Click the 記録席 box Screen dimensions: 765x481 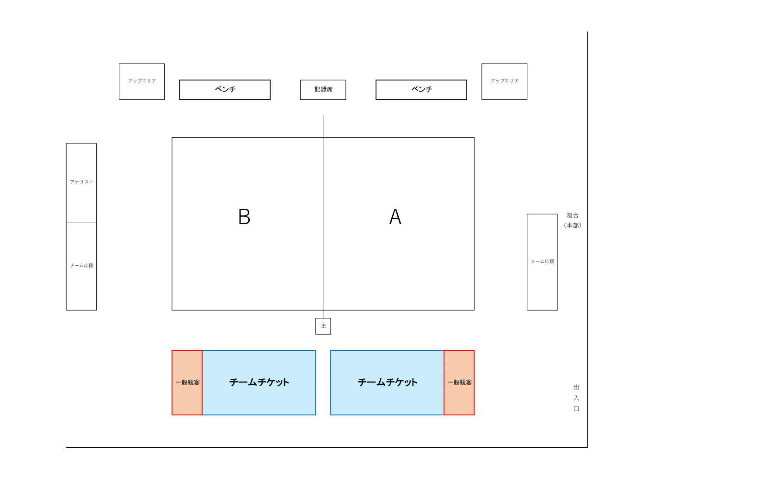click(323, 90)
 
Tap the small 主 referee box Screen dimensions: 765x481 click(323, 326)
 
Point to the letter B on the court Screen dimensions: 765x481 click(244, 217)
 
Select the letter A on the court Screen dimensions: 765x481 click(395, 217)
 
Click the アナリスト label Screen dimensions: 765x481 click(81, 182)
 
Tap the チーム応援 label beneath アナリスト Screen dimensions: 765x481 click(81, 265)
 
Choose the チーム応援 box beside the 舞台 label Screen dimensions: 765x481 click(542, 262)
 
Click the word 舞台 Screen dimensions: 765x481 click(573, 216)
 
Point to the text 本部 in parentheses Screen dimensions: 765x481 click(573, 225)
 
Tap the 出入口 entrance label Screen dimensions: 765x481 click(576, 398)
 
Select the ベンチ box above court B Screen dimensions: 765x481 click(225, 90)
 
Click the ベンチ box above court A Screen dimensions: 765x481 click(421, 90)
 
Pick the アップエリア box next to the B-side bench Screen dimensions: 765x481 click(142, 81)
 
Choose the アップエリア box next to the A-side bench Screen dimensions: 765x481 click(504, 81)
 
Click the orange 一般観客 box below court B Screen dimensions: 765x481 click(187, 383)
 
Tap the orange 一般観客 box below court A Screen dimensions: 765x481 click(459, 383)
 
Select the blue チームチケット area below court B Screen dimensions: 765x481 click(259, 383)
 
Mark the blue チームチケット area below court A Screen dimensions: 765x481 click(387, 383)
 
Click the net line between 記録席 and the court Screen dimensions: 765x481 click(323, 127)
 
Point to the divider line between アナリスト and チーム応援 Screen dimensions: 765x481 click(81, 222)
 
